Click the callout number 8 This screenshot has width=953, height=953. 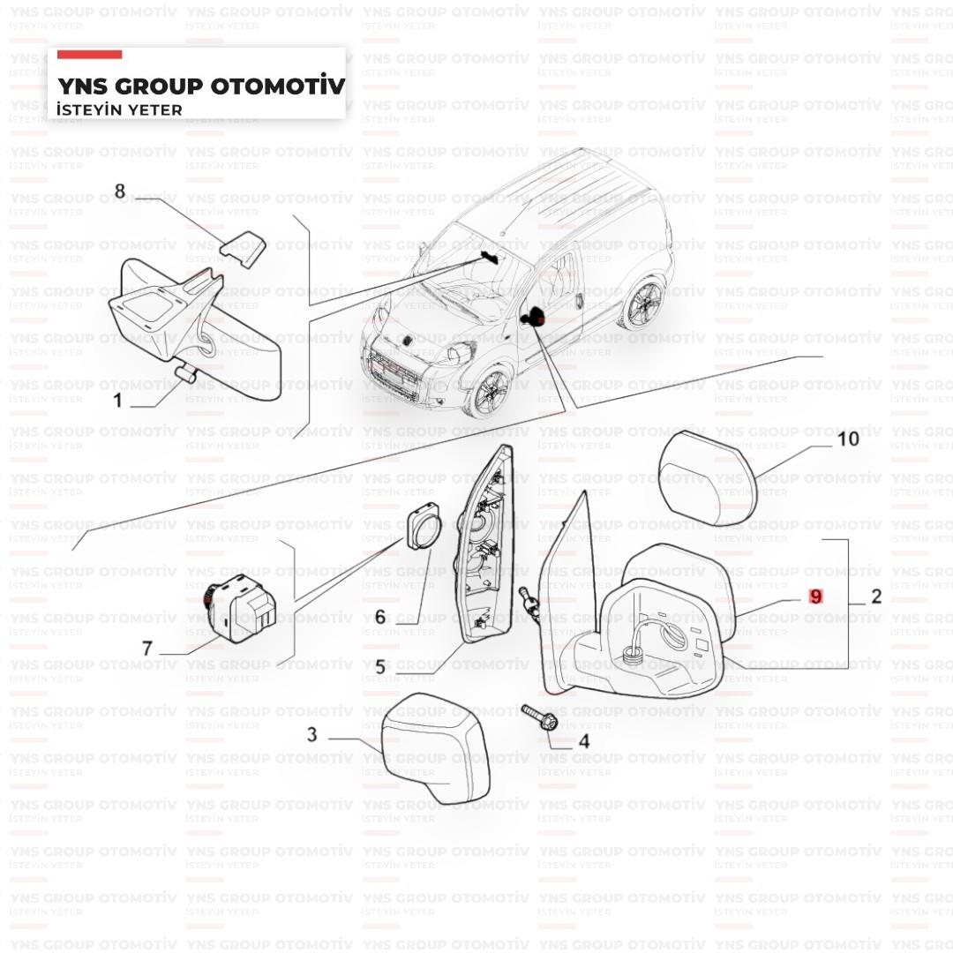(x=120, y=191)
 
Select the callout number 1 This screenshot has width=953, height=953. (x=118, y=400)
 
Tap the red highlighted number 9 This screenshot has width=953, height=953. (x=815, y=597)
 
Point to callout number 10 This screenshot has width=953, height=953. (x=849, y=439)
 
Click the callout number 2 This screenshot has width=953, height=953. (x=876, y=597)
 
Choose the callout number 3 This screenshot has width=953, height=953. (x=311, y=734)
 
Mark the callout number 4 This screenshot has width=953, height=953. (x=584, y=741)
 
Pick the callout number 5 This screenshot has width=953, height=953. (x=379, y=667)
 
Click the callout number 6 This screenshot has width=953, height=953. (x=379, y=617)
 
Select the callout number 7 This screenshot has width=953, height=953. (x=146, y=649)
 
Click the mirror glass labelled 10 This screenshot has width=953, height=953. (x=707, y=478)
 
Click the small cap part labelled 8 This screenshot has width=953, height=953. (x=244, y=247)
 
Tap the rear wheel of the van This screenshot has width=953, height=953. (x=643, y=303)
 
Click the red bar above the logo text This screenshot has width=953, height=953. (x=89, y=55)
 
